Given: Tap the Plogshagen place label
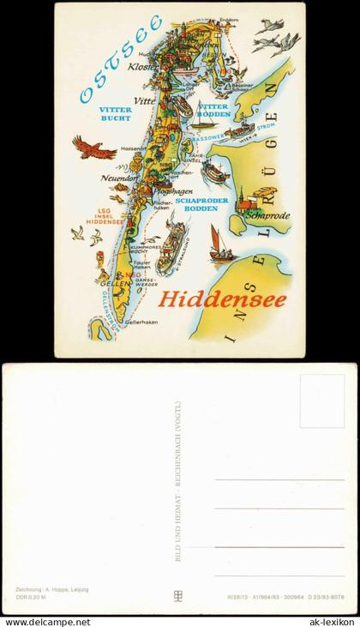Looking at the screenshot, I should pyautogui.click(x=173, y=191).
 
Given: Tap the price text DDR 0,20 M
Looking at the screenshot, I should pyautogui.click(x=32, y=597).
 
